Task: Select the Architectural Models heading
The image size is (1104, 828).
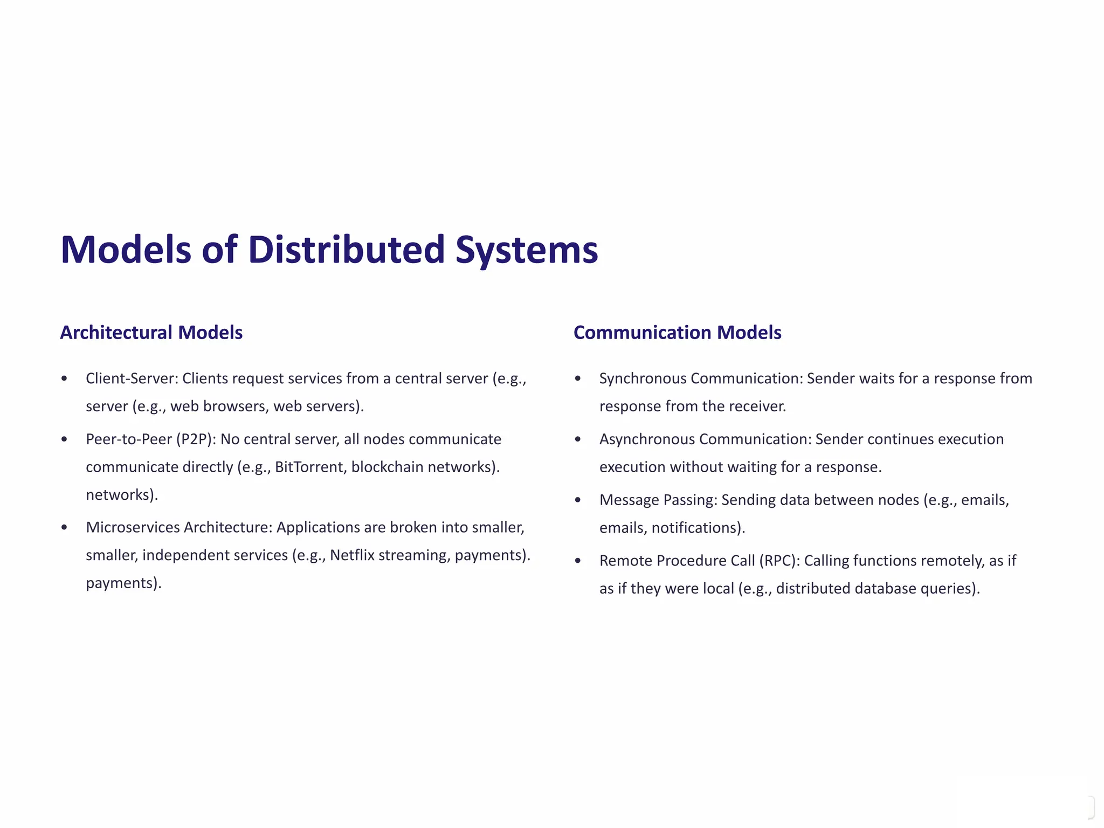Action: (x=151, y=333)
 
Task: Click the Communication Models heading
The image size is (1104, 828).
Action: (x=677, y=333)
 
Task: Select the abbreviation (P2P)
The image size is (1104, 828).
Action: (x=196, y=439)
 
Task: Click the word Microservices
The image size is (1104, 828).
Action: (x=133, y=527)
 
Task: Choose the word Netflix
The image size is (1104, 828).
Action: (x=352, y=555)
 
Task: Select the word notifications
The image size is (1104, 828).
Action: (x=698, y=528)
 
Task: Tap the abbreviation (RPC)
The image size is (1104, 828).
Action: (x=778, y=561)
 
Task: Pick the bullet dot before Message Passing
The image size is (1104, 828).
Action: (x=578, y=500)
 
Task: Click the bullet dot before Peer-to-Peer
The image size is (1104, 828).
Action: (x=65, y=439)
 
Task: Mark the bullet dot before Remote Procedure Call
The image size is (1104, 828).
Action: (x=578, y=561)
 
